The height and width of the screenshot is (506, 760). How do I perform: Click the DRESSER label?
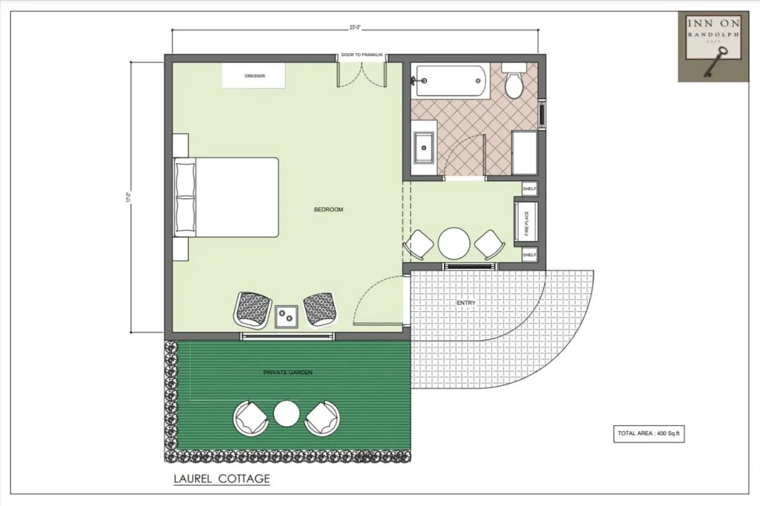click(254, 76)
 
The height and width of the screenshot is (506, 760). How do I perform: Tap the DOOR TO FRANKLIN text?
click(362, 55)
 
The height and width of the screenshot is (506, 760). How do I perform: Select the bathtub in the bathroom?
click(452, 81)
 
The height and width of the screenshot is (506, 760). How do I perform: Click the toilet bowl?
click(514, 87)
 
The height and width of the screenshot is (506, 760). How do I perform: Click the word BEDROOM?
click(328, 210)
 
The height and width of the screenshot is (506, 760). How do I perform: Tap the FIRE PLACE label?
click(527, 223)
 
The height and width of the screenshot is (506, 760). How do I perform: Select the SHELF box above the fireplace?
click(530, 188)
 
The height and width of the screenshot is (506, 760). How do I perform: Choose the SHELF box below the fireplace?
click(530, 255)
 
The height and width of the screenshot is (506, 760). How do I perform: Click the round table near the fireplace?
click(454, 243)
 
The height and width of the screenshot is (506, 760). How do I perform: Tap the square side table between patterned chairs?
click(287, 316)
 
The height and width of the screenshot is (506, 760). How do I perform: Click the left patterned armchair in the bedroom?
click(253, 308)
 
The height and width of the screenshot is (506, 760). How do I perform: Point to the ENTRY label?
click(466, 303)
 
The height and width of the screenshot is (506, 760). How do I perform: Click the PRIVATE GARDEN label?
click(288, 373)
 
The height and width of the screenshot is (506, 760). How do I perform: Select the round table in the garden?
click(287, 413)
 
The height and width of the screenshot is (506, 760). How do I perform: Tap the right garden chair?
click(323, 417)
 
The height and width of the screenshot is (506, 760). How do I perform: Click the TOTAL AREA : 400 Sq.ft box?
click(648, 433)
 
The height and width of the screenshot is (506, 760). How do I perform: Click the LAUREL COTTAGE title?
click(222, 478)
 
